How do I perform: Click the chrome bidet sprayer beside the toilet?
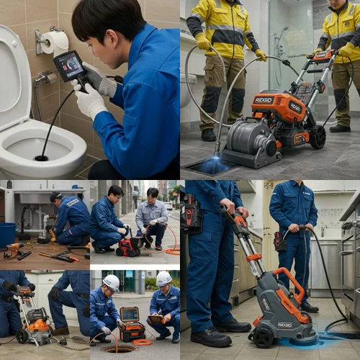click(45, 78)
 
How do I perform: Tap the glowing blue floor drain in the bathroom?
click(215, 166)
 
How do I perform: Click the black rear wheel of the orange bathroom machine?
click(318, 137)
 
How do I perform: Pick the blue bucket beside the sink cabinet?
click(7, 235)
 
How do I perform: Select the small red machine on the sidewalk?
click(130, 246)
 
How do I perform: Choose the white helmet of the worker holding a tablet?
click(163, 278)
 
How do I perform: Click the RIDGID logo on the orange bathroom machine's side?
click(264, 101)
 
